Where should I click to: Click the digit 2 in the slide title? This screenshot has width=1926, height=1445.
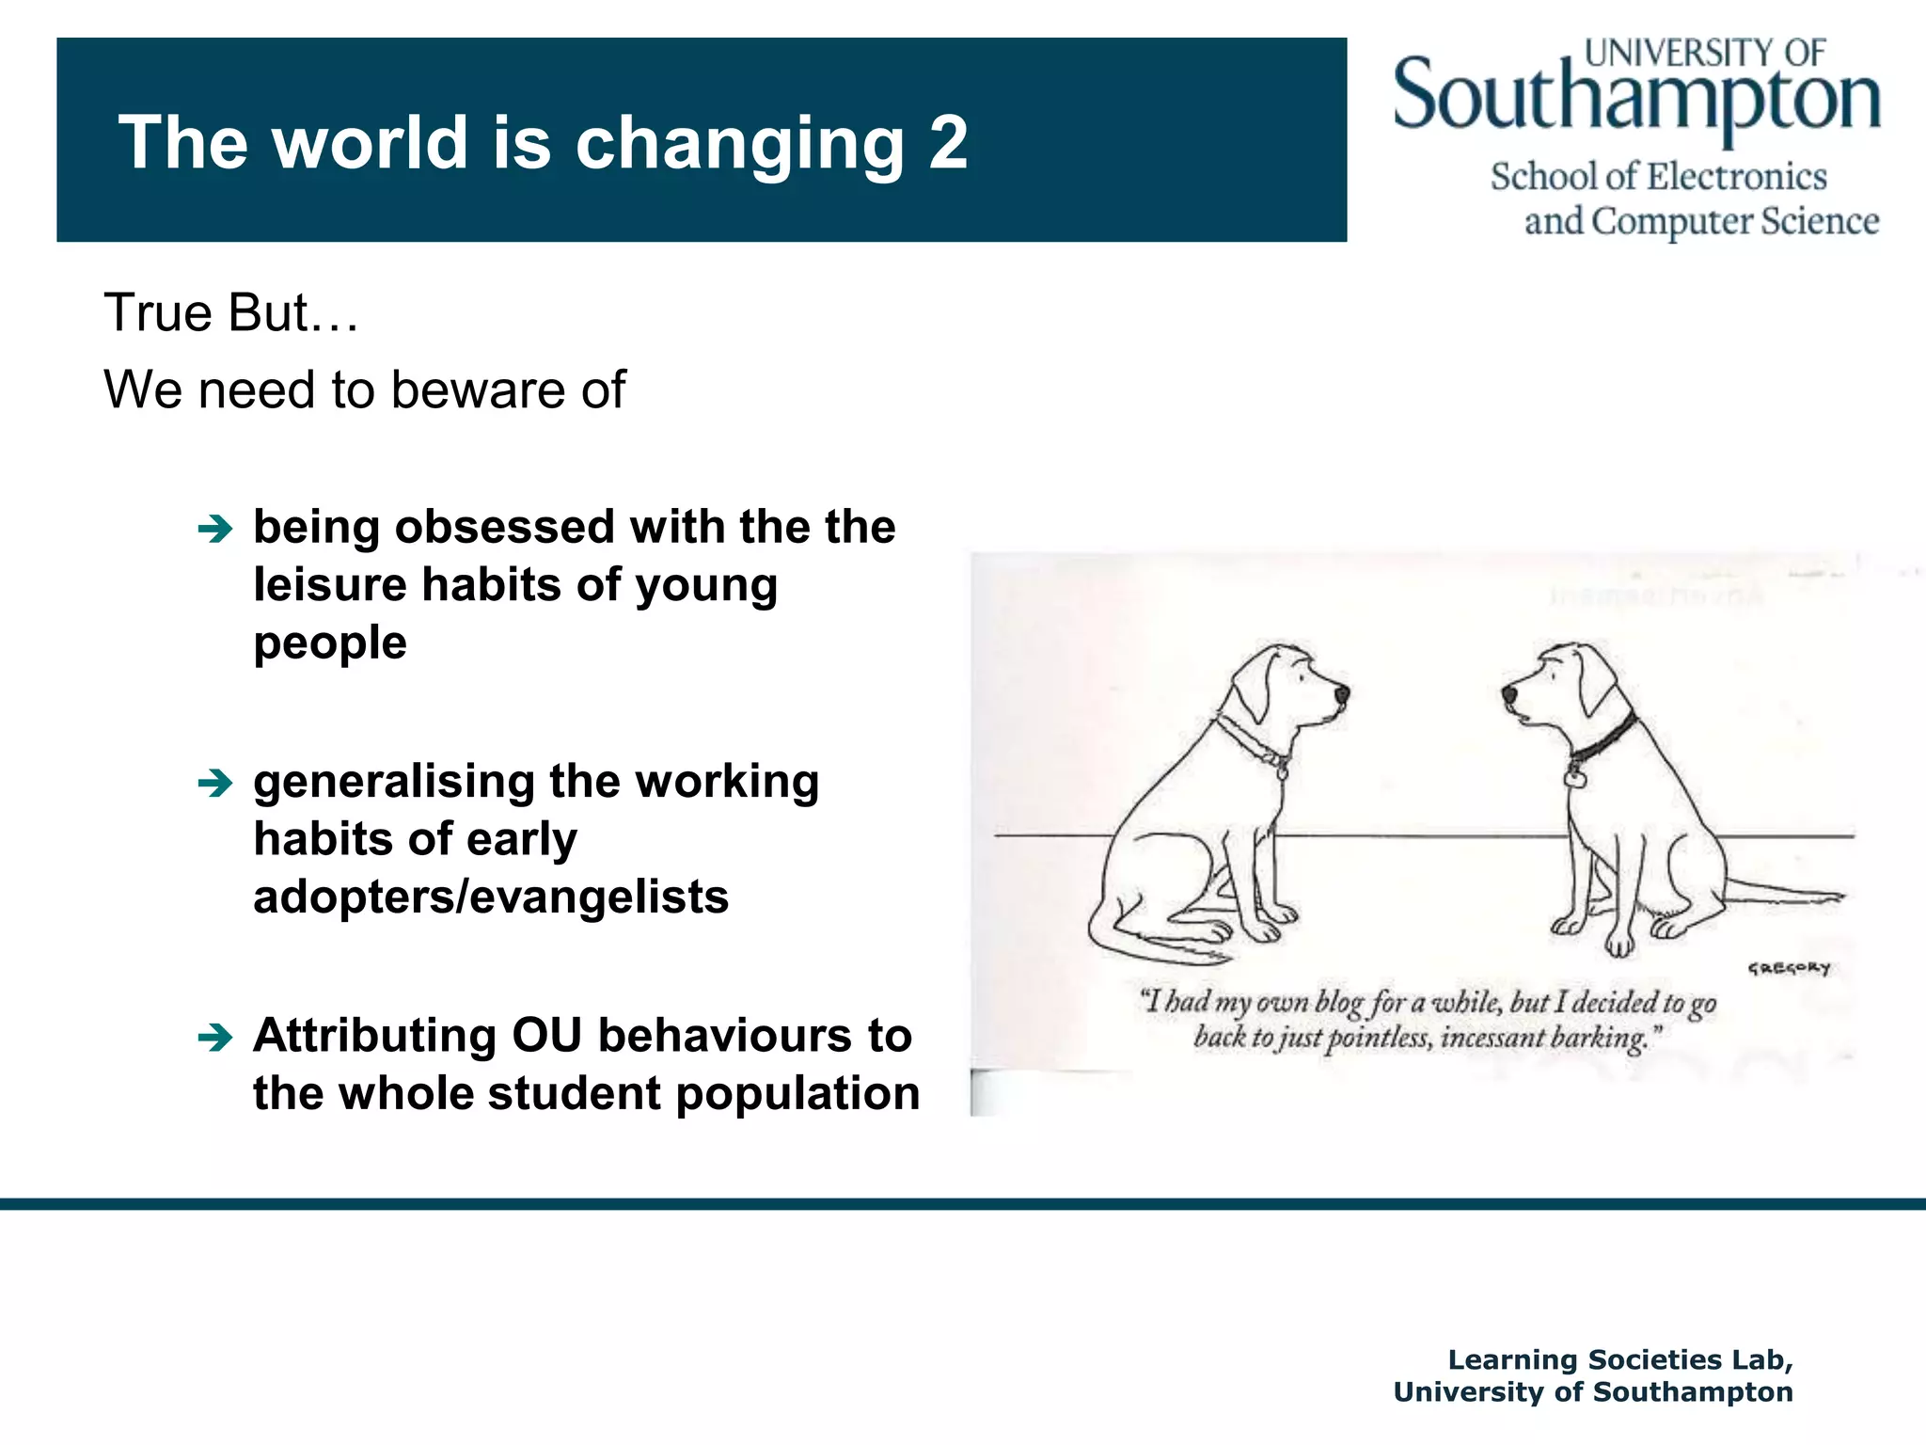[x=948, y=143]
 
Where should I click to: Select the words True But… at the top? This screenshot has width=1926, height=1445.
[x=230, y=312]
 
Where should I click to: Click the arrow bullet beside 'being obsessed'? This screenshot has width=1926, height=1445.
[x=215, y=530]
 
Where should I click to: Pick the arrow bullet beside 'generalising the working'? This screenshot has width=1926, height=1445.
[x=215, y=783]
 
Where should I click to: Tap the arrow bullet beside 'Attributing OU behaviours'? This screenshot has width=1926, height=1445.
[x=215, y=1038]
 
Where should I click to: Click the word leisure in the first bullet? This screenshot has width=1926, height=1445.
[x=330, y=585]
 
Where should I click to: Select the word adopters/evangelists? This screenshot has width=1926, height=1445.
[x=491, y=897]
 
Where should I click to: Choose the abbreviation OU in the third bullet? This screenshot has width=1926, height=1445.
[x=546, y=1036]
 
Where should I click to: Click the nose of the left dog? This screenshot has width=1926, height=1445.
[x=1341, y=694]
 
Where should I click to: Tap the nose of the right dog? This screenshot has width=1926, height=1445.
[x=1508, y=693]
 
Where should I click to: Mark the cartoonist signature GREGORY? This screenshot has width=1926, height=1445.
[x=1788, y=968]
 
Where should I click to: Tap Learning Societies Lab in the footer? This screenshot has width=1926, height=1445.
[x=1619, y=1359]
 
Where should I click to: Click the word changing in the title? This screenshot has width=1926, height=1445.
[x=739, y=143]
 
